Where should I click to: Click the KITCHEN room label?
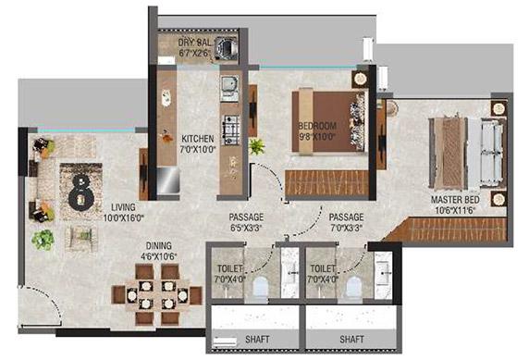[197, 135]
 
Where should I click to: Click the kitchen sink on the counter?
[228, 89]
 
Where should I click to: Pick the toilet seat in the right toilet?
[351, 288]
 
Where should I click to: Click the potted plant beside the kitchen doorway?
[255, 146]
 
